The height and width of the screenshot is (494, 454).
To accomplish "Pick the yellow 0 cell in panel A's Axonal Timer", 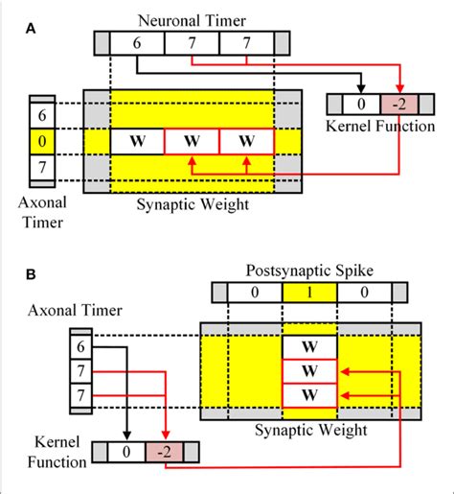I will pos(41,144).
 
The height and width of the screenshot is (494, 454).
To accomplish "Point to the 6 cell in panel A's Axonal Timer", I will pos(41,114).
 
